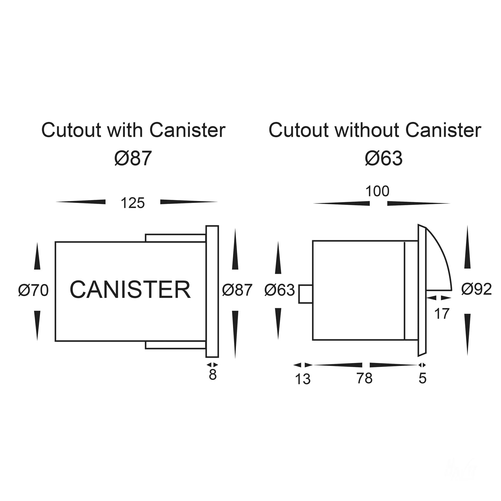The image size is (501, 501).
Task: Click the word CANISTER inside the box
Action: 130,290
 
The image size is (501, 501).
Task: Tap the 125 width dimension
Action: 132,203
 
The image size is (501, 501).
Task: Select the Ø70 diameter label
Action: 33,290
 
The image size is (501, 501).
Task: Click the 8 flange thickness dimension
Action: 213,375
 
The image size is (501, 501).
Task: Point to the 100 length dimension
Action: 377,191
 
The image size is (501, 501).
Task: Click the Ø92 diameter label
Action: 476,289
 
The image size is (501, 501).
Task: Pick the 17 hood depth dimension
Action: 442,314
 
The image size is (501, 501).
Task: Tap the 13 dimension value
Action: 303,379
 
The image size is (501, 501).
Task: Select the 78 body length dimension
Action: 364,378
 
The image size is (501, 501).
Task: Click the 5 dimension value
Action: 422,378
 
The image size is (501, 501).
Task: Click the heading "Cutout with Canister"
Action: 133,130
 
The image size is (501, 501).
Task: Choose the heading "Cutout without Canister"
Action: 375,130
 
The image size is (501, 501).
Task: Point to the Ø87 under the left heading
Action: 133,158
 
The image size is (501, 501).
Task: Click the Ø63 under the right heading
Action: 384,158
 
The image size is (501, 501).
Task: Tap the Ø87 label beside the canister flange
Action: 237,290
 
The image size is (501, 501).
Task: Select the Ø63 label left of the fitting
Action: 279,290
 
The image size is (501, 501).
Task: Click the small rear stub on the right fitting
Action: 305,294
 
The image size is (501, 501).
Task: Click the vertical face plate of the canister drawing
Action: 212,291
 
